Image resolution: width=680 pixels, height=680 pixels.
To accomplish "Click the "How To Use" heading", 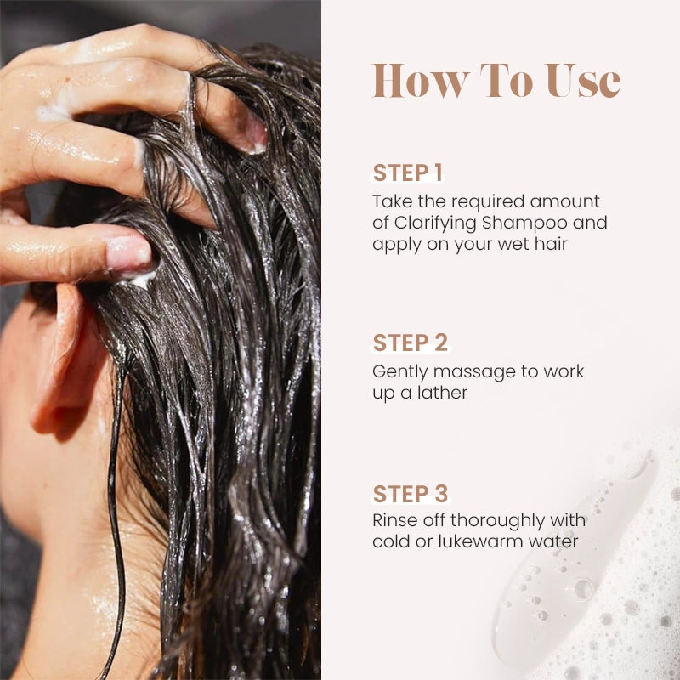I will [496, 81].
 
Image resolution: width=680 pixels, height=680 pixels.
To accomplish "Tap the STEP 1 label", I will [408, 173].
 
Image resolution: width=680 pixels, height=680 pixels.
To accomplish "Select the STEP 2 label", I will [410, 343].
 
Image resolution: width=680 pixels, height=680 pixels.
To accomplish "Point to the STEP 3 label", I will [410, 494].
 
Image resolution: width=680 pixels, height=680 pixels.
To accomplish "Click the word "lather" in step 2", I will [441, 394].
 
